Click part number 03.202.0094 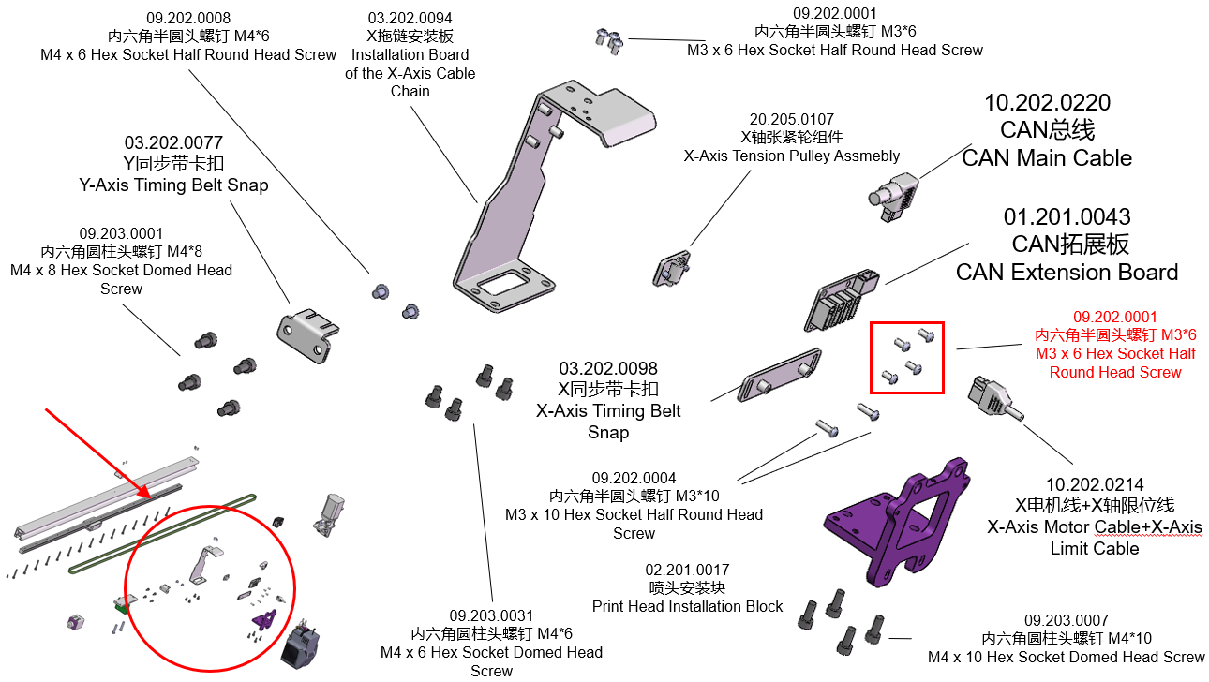tap(410, 18)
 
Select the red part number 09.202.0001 tap(1115, 318)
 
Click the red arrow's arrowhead tap(146, 493)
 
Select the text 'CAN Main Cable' tap(1047, 158)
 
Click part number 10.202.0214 tap(1095, 485)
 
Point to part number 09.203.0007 tap(1067, 620)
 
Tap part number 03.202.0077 tap(173, 143)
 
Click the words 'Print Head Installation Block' tap(687, 606)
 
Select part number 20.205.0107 tap(791, 120)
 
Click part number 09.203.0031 tap(491, 615)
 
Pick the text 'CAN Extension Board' tap(1067, 273)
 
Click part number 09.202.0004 tap(634, 478)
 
